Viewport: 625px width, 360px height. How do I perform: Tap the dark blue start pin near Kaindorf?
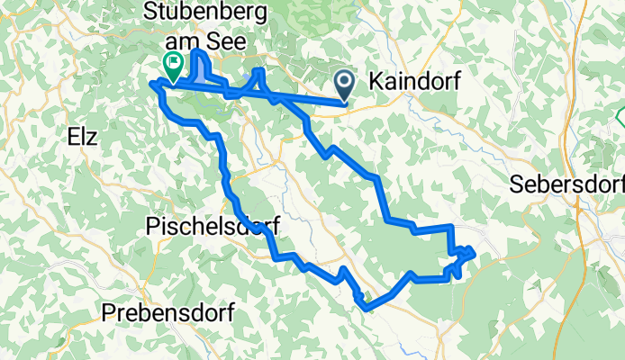[346, 86]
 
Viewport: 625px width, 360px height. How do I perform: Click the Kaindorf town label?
[416, 82]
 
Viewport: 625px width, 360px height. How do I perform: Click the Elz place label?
[82, 138]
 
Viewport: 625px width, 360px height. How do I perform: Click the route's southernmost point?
[367, 309]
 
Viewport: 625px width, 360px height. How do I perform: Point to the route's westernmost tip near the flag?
[150, 85]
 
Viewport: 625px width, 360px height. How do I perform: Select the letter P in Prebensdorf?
[108, 313]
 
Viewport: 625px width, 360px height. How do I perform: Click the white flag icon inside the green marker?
[172, 62]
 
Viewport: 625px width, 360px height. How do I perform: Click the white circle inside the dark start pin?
[346, 82]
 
